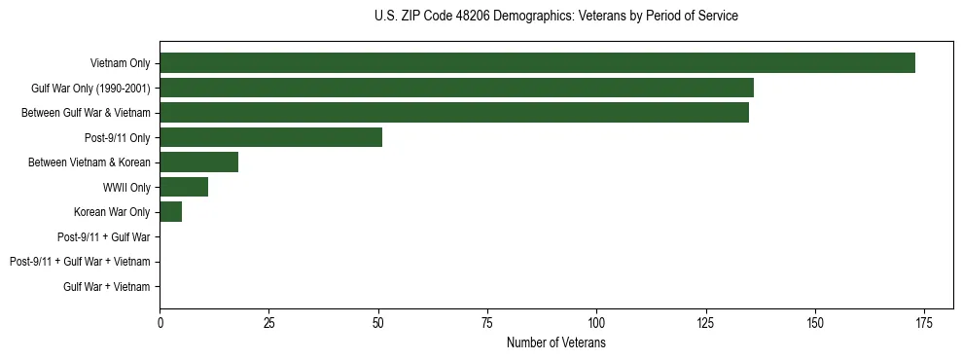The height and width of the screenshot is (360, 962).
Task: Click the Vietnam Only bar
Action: (x=537, y=63)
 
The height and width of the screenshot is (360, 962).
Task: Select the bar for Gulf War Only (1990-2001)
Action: (x=456, y=88)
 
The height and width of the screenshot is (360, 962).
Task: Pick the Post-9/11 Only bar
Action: (x=270, y=137)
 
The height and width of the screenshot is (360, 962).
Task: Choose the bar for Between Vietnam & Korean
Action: (x=198, y=162)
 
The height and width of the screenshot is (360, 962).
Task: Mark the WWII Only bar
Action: (x=184, y=187)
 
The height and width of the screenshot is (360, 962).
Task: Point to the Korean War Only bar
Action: (x=170, y=212)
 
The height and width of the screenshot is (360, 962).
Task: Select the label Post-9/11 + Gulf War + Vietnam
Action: (x=80, y=262)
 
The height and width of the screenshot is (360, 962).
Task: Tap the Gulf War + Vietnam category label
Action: (x=107, y=286)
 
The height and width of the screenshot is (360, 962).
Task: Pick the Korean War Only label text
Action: (x=112, y=212)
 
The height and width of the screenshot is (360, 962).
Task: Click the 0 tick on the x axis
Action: (x=160, y=323)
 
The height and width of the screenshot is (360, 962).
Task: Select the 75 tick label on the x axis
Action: (x=487, y=323)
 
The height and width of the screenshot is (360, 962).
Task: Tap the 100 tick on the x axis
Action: (x=596, y=323)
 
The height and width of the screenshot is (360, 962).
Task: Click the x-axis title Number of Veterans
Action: (x=555, y=342)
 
